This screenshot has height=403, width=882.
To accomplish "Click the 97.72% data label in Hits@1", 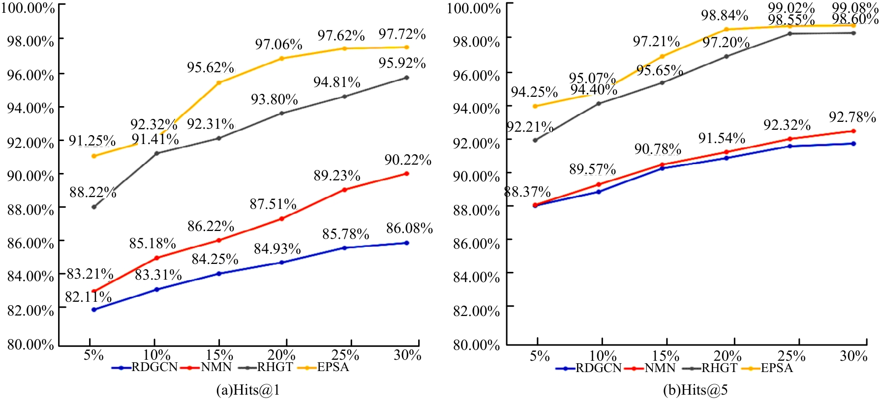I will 402,34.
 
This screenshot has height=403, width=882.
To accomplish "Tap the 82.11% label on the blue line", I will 88,297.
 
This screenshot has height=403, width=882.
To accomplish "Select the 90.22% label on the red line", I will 408,160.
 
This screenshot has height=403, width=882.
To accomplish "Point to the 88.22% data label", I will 92,193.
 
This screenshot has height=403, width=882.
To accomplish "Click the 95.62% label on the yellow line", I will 210,67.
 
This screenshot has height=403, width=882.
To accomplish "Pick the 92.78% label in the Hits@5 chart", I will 852,117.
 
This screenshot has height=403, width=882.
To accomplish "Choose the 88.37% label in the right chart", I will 527,192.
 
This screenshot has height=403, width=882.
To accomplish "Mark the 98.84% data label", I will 724,16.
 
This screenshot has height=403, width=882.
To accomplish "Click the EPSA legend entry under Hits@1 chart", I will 333,367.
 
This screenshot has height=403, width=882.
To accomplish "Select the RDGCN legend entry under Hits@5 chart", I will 598,368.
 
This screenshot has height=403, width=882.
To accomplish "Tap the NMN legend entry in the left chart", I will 216,367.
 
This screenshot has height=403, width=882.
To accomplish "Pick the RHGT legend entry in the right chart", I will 719,368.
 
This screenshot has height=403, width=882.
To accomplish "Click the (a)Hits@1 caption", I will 248,390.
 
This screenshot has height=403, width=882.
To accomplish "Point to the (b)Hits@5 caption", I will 695,390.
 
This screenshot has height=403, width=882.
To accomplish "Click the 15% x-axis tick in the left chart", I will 219,355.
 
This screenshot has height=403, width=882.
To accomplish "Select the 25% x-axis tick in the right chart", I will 791,356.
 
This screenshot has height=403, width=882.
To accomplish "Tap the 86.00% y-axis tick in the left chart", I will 30,243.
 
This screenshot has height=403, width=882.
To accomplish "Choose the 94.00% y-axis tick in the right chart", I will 476,109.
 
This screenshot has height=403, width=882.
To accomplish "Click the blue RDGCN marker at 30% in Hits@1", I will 406,243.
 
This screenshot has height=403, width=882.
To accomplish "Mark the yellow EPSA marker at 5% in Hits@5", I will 535,106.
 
